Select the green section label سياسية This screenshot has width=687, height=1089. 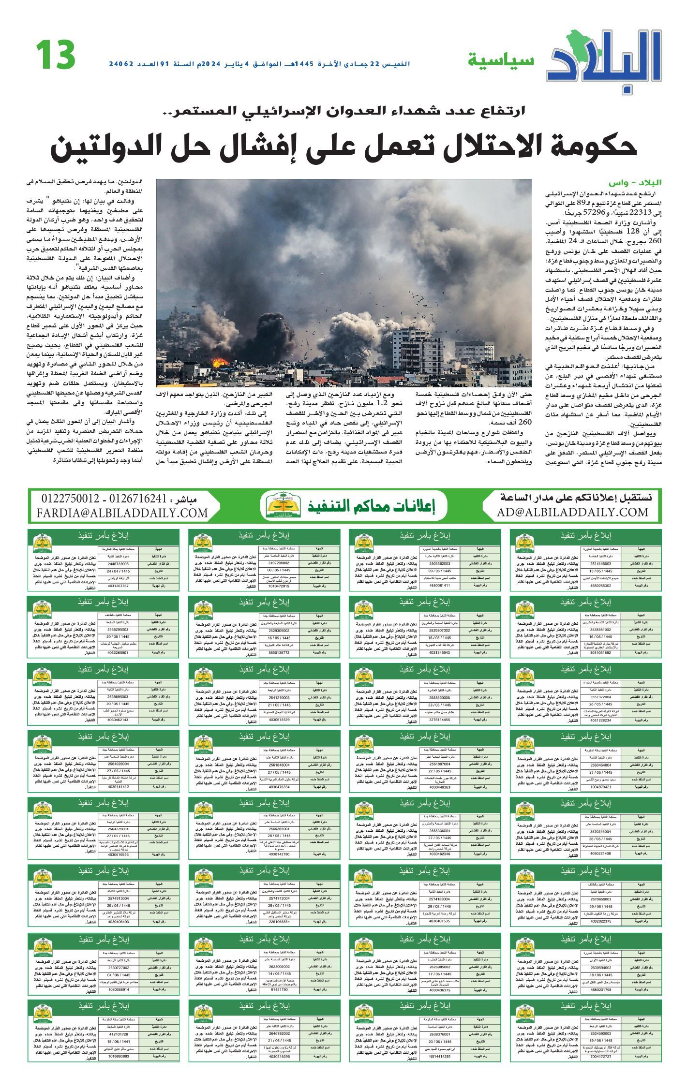[501, 60]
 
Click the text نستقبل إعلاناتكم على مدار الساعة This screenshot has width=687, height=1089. [576, 498]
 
